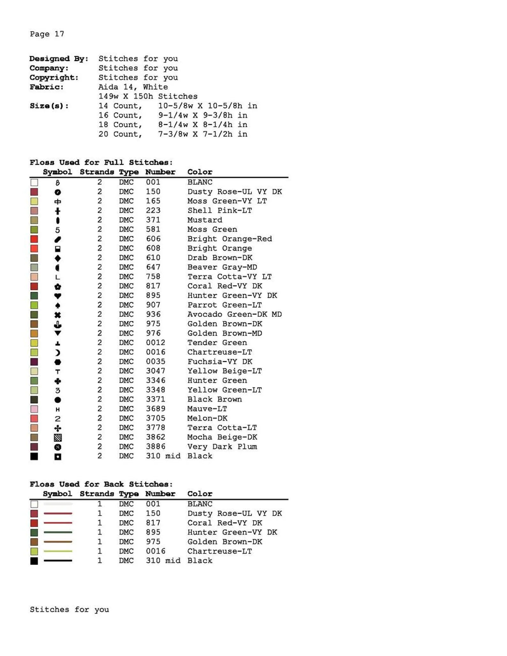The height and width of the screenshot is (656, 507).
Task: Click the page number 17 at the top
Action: tap(59, 34)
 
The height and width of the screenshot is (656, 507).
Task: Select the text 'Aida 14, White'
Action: tap(133, 87)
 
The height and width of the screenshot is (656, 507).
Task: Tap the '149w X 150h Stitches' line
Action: tap(148, 96)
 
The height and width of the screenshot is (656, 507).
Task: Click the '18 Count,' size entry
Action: tap(120, 125)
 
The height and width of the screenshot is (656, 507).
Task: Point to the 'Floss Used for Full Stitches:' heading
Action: tap(101, 162)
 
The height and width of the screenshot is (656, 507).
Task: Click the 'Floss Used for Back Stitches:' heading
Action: tap(101, 484)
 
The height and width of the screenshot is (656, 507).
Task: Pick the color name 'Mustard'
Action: tap(204, 220)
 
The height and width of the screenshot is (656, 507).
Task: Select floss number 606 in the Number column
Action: tap(153, 239)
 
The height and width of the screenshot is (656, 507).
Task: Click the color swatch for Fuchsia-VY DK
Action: tap(34, 362)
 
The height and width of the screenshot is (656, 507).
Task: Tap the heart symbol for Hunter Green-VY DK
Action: tap(57, 296)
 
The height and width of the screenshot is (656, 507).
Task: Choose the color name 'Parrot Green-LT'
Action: tap(224, 305)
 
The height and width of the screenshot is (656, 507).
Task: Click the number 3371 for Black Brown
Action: tap(155, 399)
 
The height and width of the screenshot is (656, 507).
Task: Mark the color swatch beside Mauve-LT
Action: tap(34, 409)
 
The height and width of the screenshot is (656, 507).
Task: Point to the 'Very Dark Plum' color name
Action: tap(222, 447)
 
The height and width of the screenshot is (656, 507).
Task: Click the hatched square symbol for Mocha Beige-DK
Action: tap(57, 437)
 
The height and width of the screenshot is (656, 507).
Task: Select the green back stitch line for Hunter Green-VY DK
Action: tap(58, 533)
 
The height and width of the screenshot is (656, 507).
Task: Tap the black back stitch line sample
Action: tap(58, 561)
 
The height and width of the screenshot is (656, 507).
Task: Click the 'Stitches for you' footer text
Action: tap(69, 610)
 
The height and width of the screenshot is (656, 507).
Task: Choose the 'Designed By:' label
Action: tap(59, 59)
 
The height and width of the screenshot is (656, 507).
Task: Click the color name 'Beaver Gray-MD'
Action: tap(222, 267)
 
